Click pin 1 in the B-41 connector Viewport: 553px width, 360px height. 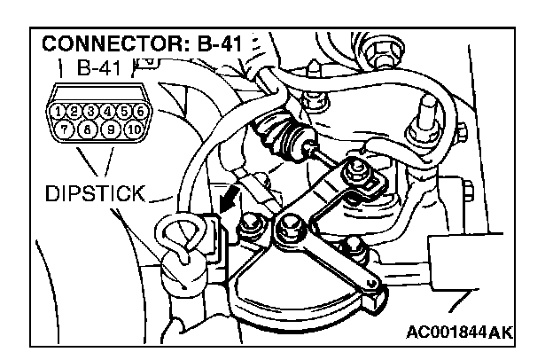tap(59, 113)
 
